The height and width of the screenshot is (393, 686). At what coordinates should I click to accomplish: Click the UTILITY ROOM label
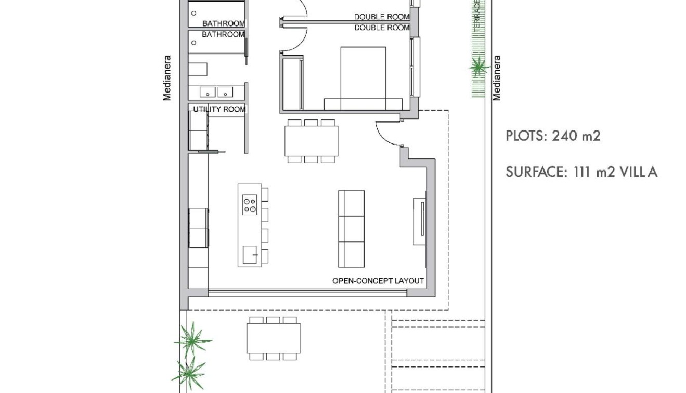click(219, 109)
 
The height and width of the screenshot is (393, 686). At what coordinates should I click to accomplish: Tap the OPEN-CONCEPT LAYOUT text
click(378, 281)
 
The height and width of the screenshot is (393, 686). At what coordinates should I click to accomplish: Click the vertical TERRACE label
click(477, 16)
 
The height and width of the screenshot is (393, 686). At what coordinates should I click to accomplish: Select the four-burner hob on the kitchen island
click(250, 204)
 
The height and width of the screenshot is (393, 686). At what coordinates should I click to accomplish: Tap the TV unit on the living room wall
click(419, 221)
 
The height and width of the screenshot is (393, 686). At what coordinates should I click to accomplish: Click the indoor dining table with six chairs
click(311, 141)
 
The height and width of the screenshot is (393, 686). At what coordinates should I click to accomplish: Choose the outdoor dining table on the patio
click(274, 338)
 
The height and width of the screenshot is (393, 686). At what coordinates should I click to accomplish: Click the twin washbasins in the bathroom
click(216, 93)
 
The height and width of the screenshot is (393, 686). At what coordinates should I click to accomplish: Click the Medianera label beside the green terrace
click(497, 78)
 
